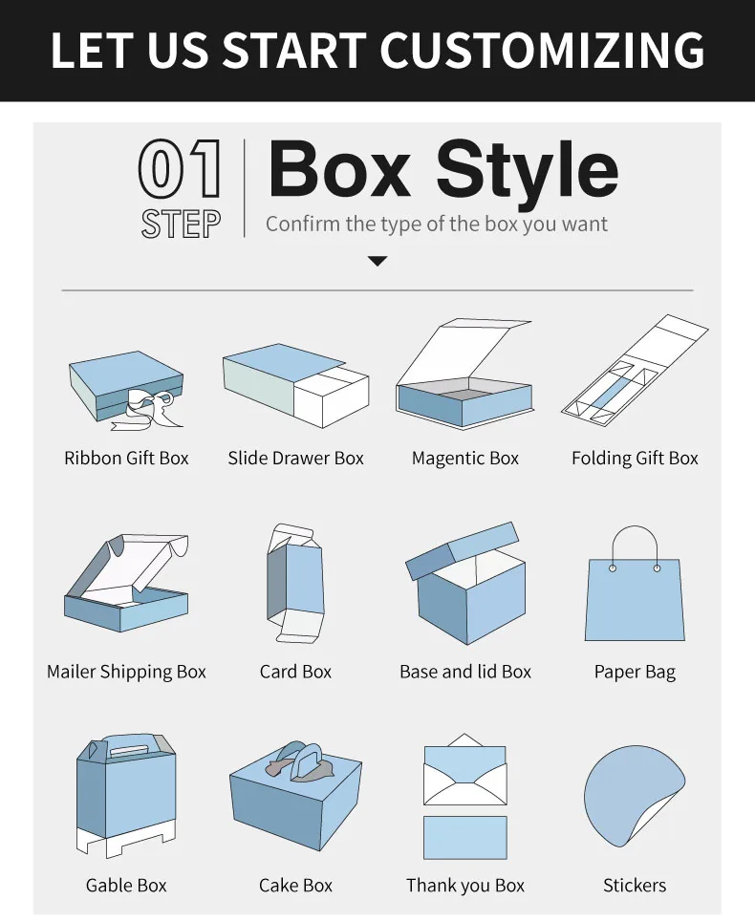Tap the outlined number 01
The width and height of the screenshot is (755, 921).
pyautogui.click(x=180, y=168)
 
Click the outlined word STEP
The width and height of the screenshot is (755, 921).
pyautogui.click(x=181, y=225)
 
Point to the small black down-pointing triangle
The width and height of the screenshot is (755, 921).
pyautogui.click(x=377, y=261)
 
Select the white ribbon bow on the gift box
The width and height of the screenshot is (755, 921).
pyautogui.click(x=147, y=409)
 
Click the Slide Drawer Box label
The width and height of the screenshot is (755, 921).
pyautogui.click(x=295, y=459)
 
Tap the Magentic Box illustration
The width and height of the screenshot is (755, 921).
pyautogui.click(x=464, y=375)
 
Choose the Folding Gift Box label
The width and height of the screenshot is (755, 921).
pyautogui.click(x=635, y=459)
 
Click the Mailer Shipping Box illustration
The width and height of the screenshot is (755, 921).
pyautogui.click(x=126, y=583)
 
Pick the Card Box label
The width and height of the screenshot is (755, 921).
pyautogui.click(x=295, y=672)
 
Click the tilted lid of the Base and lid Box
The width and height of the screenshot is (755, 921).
pyautogui.click(x=463, y=550)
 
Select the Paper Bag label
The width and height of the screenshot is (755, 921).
pyautogui.click(x=635, y=672)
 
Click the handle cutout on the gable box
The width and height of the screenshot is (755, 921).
pyautogui.click(x=127, y=749)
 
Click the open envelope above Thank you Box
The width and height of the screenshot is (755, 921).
pyautogui.click(x=464, y=769)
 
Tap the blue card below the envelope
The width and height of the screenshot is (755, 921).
pyautogui.click(x=464, y=838)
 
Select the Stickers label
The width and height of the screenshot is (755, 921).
pyautogui.click(x=635, y=885)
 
